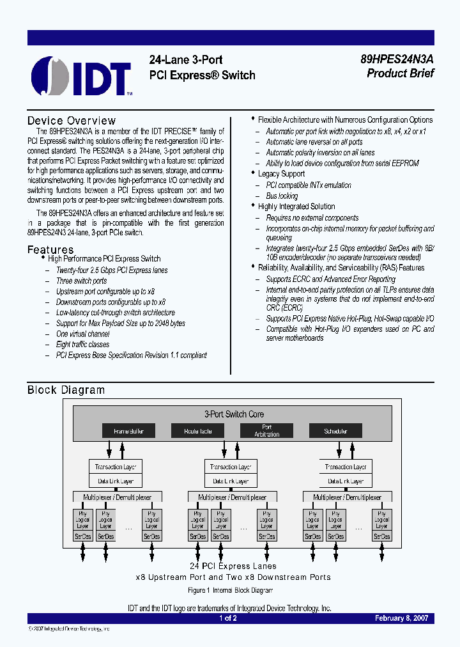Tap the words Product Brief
(400, 74)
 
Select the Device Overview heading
(72, 121)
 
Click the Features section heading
(50, 249)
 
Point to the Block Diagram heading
(66, 390)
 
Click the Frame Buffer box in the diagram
(128, 431)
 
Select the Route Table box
(197, 431)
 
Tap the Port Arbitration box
(266, 431)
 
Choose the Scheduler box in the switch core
(335, 431)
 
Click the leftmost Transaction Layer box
(116, 467)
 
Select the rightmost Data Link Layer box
(346, 481)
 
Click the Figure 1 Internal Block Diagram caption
(230, 590)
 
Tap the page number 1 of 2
(228, 618)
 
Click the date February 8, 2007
(401, 618)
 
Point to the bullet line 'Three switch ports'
(81, 281)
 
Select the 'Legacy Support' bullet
(281, 174)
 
